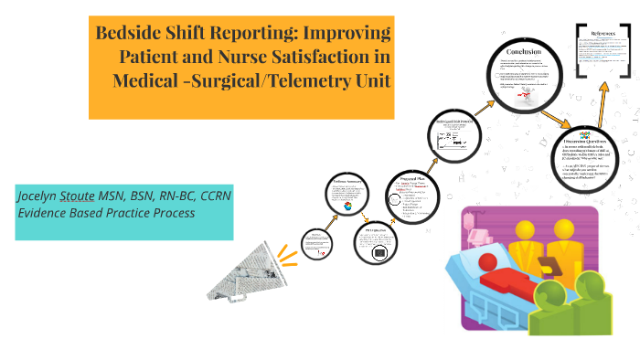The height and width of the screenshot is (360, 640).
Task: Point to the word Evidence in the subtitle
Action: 42,214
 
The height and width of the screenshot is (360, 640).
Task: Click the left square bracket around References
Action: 581,46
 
